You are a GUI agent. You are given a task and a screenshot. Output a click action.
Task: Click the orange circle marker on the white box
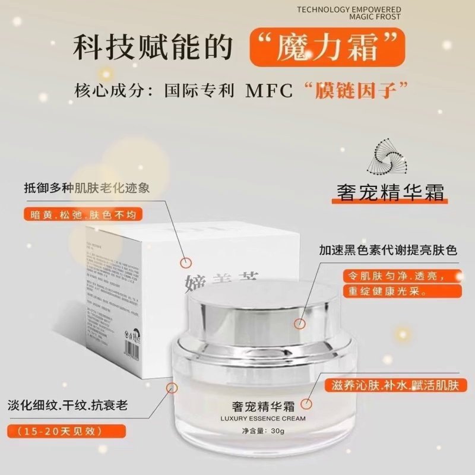pos(186,261)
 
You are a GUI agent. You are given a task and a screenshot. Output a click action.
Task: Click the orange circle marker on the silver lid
pos(300,324)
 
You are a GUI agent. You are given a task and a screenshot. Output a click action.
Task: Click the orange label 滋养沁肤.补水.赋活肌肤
pos(395,385)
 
